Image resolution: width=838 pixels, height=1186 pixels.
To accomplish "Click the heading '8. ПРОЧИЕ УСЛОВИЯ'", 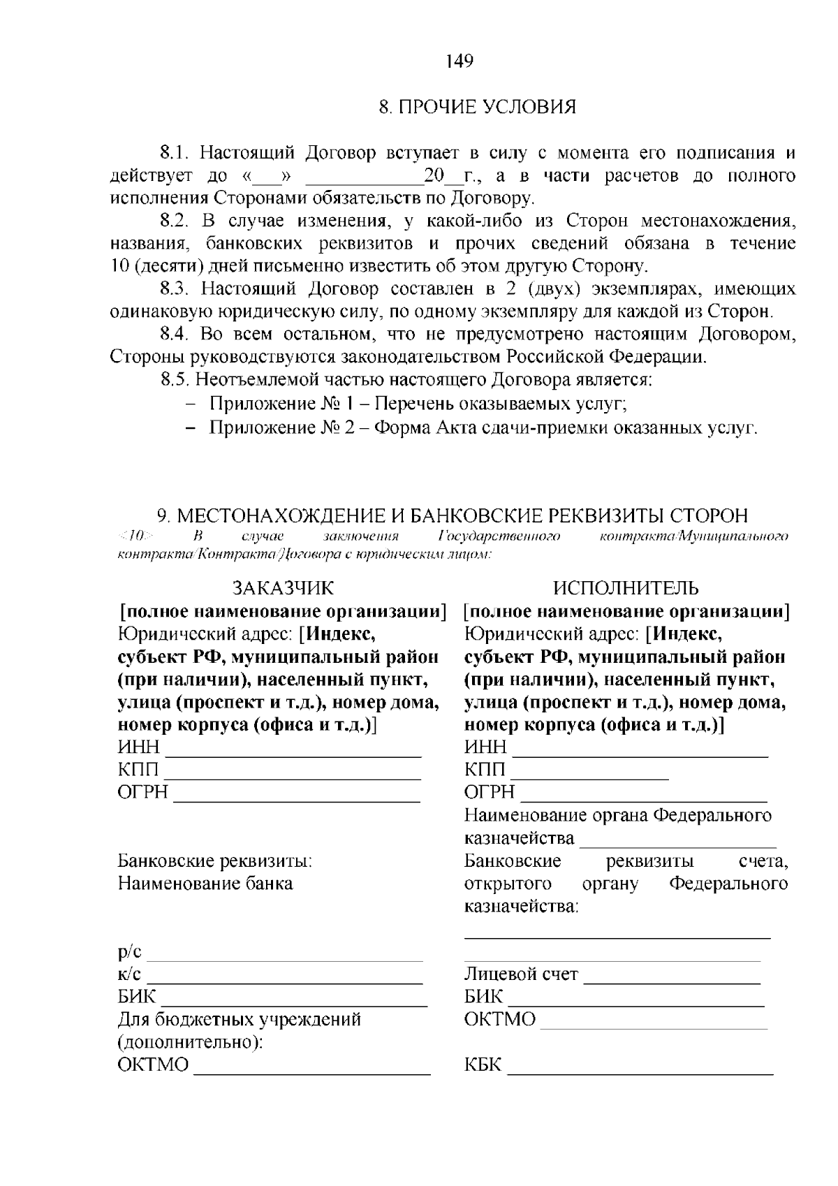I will coord(477,108).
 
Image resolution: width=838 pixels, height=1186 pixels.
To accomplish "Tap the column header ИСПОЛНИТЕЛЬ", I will coord(626,588).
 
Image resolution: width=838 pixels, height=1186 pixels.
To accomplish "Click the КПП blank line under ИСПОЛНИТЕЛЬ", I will coord(590,777).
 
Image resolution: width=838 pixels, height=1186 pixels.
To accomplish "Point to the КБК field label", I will coord(483,1066).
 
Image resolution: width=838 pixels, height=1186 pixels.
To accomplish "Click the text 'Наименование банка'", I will coord(205,884).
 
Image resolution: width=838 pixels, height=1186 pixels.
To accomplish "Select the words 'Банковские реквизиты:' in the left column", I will coord(214,861).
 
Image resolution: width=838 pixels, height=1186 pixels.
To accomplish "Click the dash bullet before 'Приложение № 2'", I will coord(190,427).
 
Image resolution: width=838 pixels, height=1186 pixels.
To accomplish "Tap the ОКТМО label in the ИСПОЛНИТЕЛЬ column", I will coord(500,1020).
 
